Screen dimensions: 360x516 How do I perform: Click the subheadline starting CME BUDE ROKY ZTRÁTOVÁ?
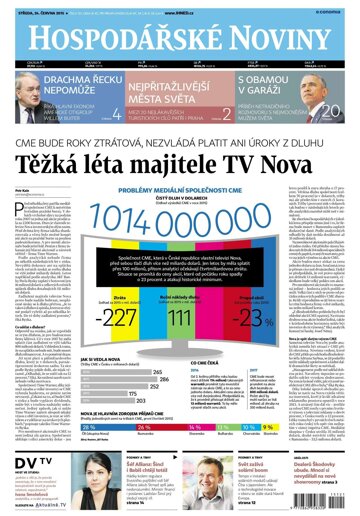[x=180, y=134]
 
